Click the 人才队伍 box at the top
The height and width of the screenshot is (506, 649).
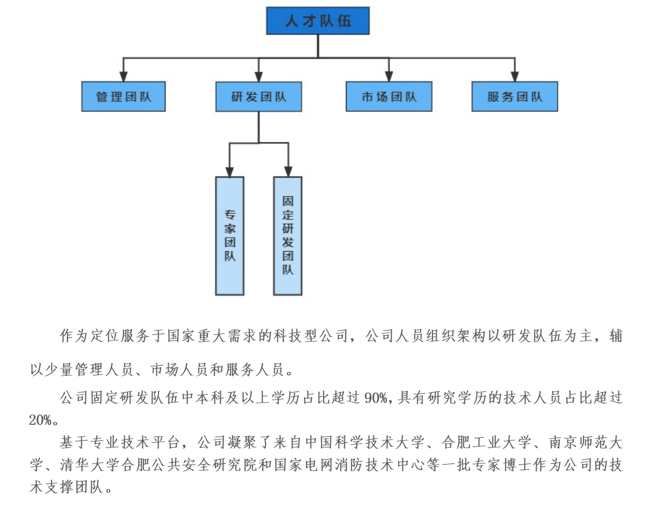318,21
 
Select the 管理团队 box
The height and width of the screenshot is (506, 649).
124,97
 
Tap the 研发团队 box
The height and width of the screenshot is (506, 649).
258,97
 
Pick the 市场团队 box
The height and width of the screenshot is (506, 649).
388,97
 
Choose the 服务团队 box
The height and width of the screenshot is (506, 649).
515,97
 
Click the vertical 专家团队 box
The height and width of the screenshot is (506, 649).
229,236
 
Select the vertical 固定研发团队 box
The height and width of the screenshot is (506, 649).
287,236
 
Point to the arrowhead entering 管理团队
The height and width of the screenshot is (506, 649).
124,76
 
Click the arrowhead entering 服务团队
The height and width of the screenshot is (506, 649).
515,76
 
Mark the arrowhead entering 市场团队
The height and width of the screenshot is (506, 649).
388,76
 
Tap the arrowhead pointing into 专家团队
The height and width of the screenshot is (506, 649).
229,172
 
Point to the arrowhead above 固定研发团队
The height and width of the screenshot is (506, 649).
287,172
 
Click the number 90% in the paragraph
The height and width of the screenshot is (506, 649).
376,398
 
